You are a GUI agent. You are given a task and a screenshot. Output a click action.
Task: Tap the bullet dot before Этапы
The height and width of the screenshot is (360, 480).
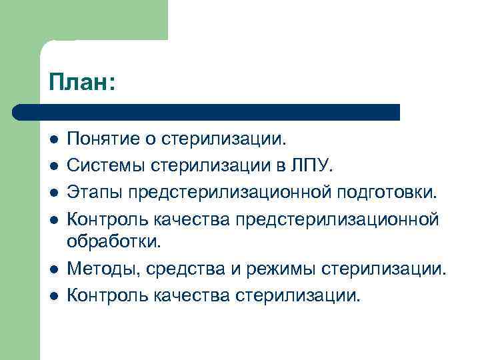tap(53, 192)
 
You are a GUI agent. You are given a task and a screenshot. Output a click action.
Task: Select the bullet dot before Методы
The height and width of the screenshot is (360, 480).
tap(53, 268)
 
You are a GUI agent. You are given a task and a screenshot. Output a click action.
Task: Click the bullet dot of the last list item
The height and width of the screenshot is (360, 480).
tap(53, 293)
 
